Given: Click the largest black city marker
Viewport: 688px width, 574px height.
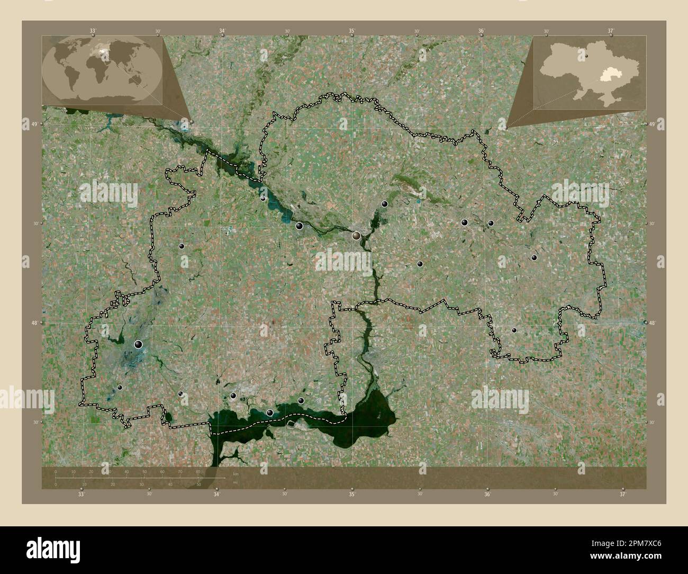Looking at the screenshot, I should [x=139, y=345].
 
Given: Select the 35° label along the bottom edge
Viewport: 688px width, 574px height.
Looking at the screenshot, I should [x=352, y=494].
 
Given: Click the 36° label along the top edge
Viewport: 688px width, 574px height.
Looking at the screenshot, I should [x=481, y=31].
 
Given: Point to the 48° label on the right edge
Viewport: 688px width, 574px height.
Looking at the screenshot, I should [x=651, y=322].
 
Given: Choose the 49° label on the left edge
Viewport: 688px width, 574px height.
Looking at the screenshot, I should [x=35, y=124].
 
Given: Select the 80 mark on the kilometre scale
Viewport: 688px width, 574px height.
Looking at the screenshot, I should [x=198, y=472].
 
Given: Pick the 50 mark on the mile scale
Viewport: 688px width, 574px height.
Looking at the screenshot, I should [x=198, y=484].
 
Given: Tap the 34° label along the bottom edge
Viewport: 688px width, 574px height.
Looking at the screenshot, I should [x=216, y=494].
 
